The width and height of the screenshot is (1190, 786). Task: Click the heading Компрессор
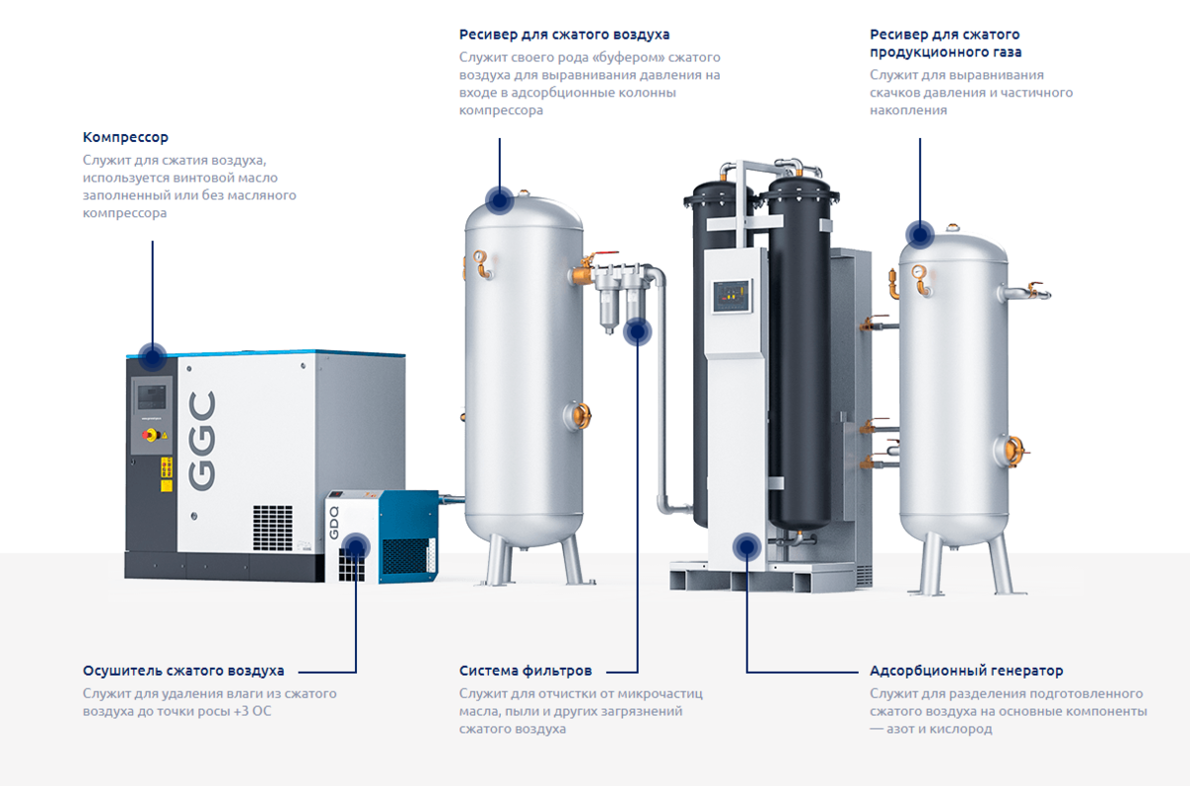pos(126,137)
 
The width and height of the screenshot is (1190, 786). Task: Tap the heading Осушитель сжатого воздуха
pos(183,671)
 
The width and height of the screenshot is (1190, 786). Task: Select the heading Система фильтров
pos(525,671)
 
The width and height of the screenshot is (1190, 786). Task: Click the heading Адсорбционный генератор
pos(966,671)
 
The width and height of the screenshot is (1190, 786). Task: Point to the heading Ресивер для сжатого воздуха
pos(563,36)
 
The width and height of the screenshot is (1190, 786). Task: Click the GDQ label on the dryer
pos(334,522)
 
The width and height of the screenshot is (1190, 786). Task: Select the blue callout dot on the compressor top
pos(153,355)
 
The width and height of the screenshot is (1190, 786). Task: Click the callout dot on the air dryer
pos(356,546)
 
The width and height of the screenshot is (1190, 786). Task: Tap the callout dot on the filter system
pos(638,331)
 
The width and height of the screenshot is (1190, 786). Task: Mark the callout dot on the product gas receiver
pos(920,235)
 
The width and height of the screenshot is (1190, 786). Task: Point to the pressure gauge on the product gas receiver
pos(919,269)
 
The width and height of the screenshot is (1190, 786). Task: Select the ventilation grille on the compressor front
pos(273,527)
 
